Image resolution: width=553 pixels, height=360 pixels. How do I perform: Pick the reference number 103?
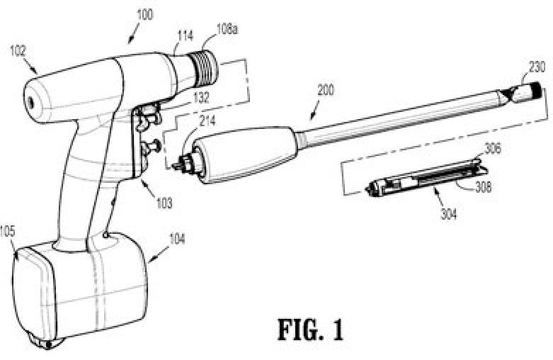(x=164, y=203)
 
